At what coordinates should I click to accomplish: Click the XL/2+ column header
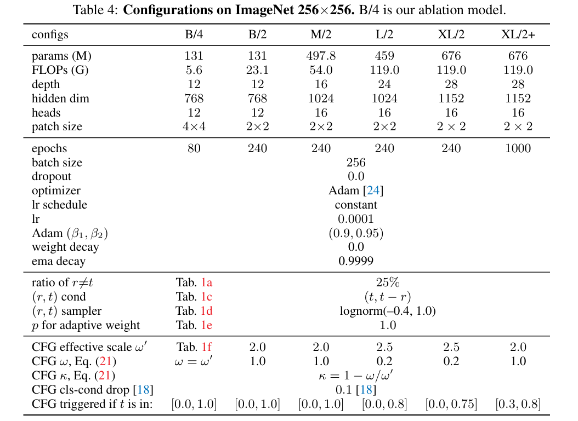(517, 34)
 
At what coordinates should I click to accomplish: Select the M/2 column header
(321, 34)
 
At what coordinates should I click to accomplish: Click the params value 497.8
(321, 56)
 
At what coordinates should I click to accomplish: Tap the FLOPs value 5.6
(194, 70)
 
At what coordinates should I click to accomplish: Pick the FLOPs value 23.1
(257, 70)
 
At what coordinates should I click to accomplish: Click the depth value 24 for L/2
(384, 84)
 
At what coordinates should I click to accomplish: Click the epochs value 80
(194, 148)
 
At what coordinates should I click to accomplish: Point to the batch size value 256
(356, 163)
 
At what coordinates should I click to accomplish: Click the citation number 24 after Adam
(373, 191)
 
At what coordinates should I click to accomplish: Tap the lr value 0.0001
(356, 219)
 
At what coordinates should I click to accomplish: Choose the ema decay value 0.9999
(356, 261)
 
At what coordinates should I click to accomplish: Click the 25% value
(387, 282)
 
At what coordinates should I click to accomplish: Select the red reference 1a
(207, 282)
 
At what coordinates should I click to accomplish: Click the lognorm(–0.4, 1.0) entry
(387, 311)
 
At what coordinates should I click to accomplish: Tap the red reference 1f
(206, 347)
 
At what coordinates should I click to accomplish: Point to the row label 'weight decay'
(65, 247)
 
